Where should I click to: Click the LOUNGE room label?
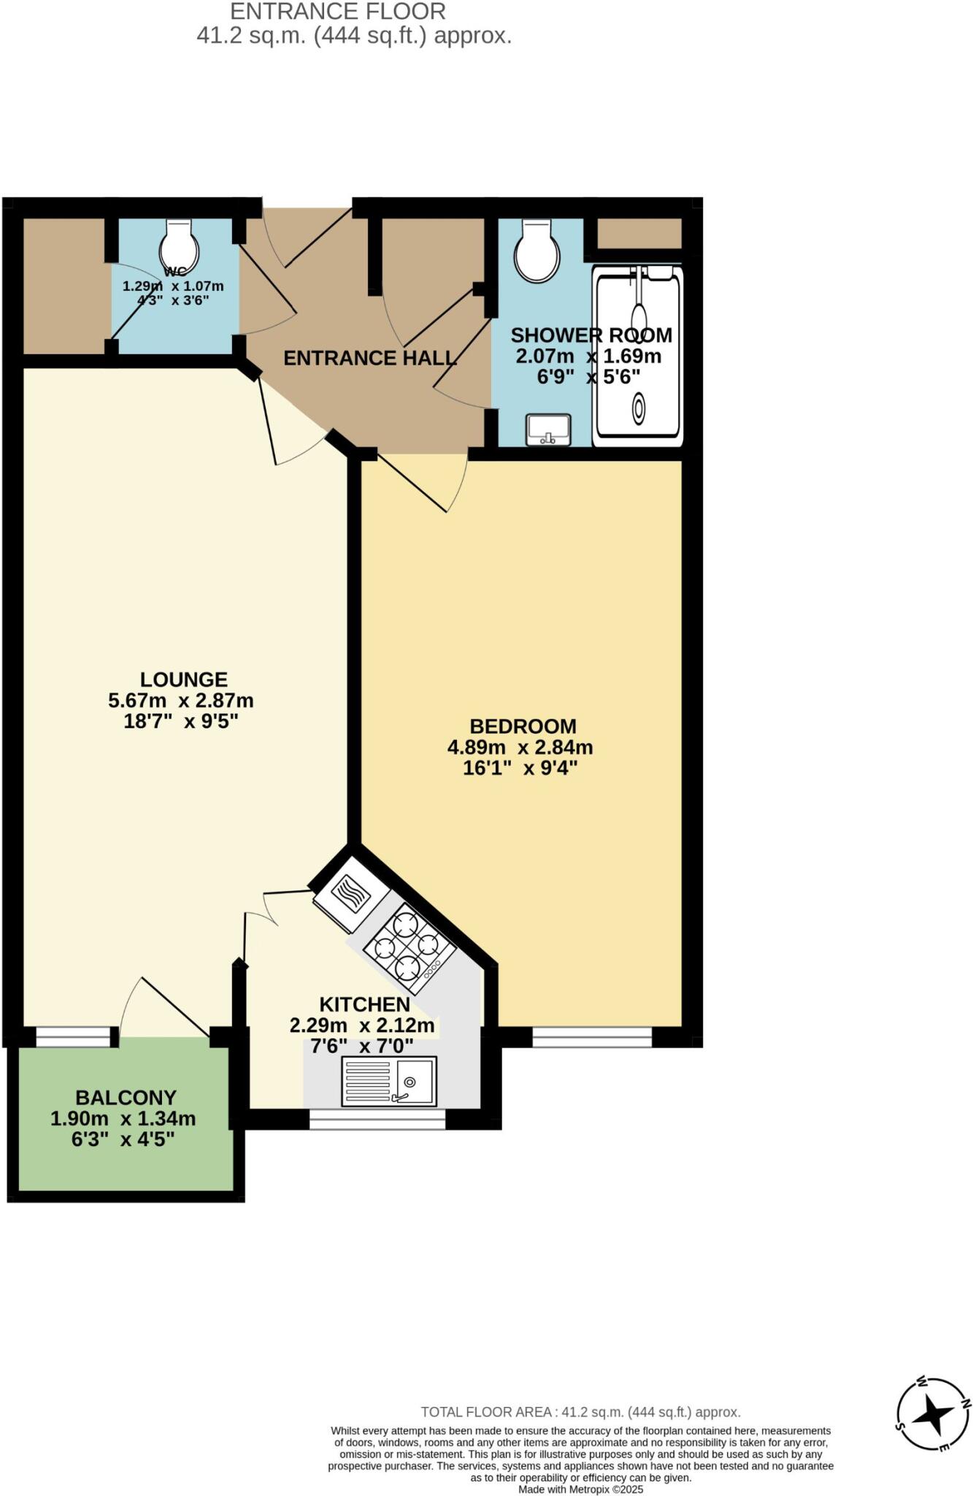[x=183, y=679]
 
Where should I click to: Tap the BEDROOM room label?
[x=523, y=726]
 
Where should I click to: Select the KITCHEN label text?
[x=364, y=1004]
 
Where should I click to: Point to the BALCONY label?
[x=126, y=1097]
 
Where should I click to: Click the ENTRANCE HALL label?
[x=369, y=358]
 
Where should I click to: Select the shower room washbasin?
[x=548, y=429]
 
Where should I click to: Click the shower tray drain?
[x=639, y=408]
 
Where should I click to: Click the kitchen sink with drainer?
[x=389, y=1081]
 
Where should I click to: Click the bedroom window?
[x=591, y=1037]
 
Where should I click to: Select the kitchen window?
[x=377, y=1119]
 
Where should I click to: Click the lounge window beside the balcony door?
[x=73, y=1037]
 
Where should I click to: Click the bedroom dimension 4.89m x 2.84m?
[x=520, y=747]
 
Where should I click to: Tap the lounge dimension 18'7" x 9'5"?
[x=181, y=722]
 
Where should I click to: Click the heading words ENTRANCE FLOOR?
[x=338, y=12]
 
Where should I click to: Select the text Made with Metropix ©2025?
[x=580, y=1489]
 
